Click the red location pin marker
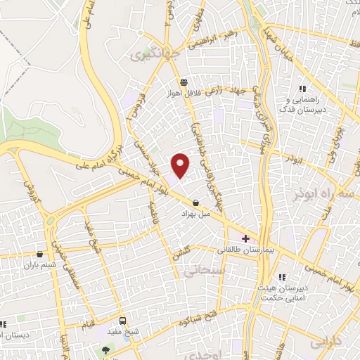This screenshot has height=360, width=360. pyautogui.click(x=181, y=165)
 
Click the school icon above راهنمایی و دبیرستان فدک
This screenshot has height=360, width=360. pyautogui.click(x=302, y=89)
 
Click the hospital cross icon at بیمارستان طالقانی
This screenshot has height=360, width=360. pyautogui.click(x=245, y=238)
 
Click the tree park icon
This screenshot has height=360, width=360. pyautogui.click(x=105, y=349)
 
